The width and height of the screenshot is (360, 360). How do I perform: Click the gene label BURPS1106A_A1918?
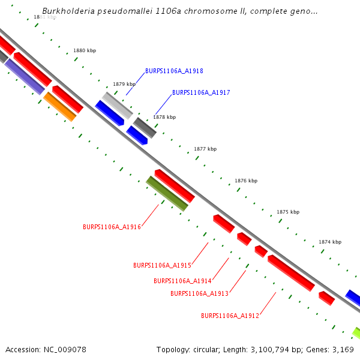[174, 71]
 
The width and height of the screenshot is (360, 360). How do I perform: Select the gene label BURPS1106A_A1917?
[201, 93]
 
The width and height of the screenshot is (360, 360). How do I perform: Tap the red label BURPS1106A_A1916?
[112, 227]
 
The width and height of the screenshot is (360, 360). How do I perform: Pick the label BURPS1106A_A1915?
[162, 265]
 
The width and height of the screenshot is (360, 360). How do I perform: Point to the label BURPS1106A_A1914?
[182, 281]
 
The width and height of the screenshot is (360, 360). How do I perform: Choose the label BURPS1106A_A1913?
[199, 293]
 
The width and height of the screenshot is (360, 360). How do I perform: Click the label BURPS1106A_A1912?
[230, 316]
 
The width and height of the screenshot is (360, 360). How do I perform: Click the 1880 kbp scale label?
[85, 51]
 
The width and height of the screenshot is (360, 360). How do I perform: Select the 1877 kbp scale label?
[205, 149]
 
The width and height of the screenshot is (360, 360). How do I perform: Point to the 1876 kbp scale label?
[246, 181]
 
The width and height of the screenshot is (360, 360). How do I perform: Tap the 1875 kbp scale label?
[287, 212]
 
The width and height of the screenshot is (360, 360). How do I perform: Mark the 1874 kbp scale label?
[329, 242]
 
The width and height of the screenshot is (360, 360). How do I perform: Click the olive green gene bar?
[167, 193]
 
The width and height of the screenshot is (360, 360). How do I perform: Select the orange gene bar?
[59, 106]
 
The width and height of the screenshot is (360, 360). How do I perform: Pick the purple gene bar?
[25, 77]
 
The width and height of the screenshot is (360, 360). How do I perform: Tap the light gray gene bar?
[117, 105]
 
